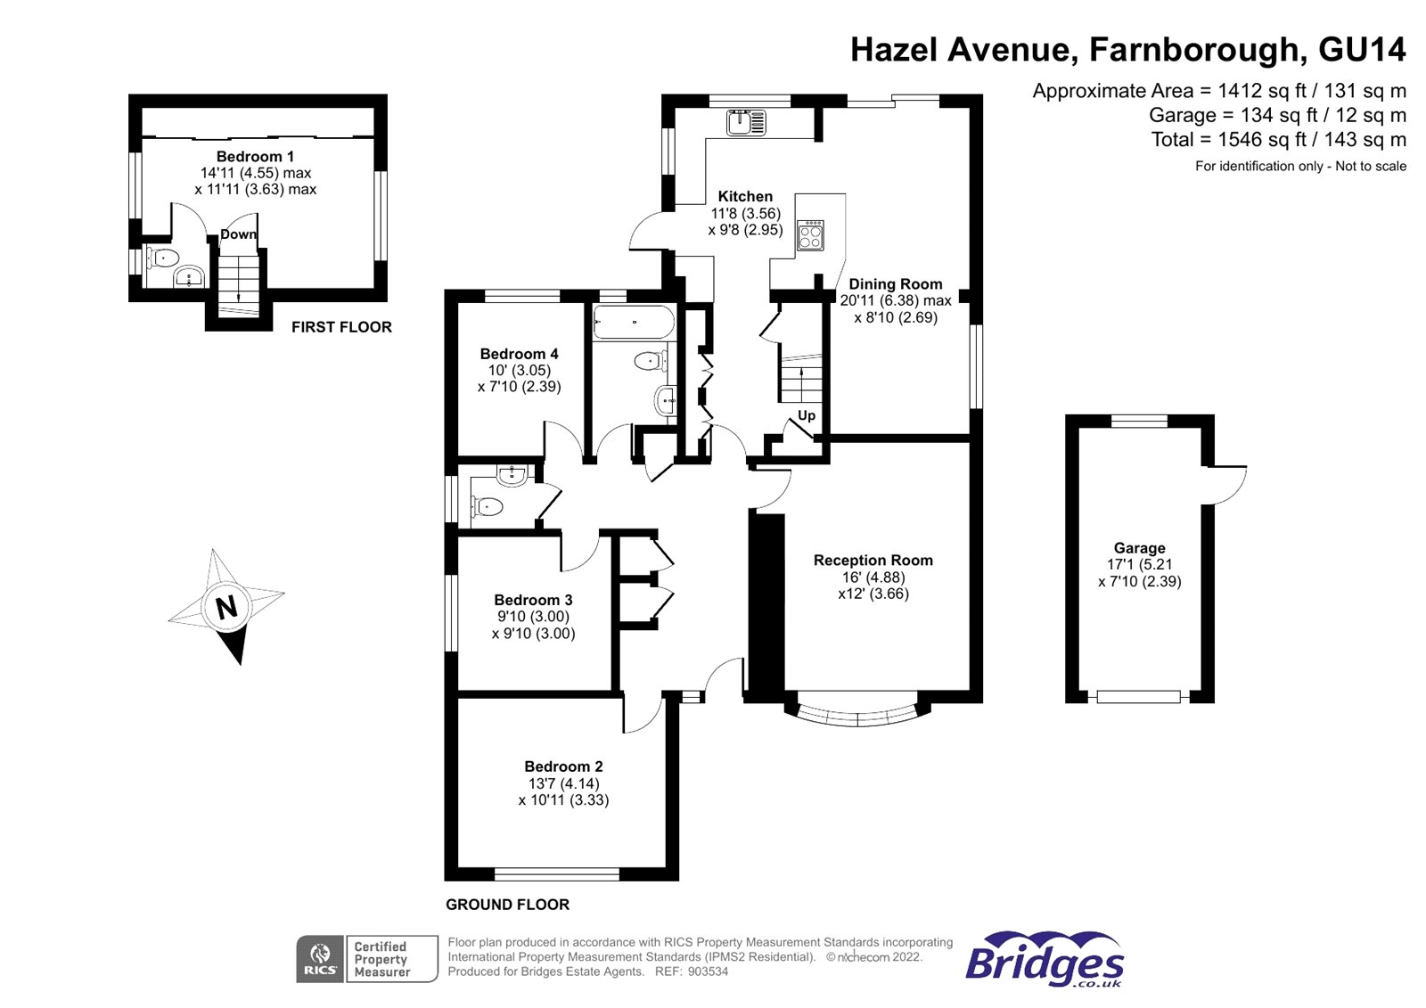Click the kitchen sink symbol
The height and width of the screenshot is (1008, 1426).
746,122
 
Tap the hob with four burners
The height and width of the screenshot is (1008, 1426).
810,235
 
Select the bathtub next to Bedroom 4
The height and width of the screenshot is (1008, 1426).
634,323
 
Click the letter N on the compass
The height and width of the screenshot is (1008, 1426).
226,608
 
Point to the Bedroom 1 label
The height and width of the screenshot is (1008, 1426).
255,156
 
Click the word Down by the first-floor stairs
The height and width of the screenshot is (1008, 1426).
239,234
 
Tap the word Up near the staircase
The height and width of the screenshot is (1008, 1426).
807,416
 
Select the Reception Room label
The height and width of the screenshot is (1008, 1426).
873,561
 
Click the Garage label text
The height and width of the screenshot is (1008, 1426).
1140,547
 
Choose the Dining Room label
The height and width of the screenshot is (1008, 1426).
895,284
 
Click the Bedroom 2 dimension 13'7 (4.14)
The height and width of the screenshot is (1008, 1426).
563,783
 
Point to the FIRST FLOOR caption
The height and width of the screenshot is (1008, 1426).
341,327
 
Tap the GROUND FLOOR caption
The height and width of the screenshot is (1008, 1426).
507,905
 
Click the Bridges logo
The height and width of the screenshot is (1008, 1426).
1044,960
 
